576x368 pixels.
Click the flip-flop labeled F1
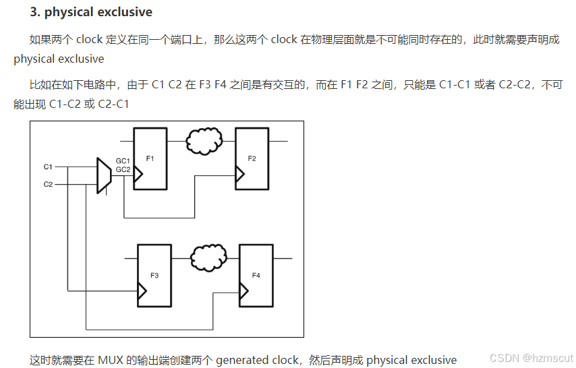click(x=150, y=158)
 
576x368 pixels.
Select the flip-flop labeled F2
click(x=252, y=158)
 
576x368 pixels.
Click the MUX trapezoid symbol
click(x=104, y=175)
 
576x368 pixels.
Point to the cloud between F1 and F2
click(x=204, y=142)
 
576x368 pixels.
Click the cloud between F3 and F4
click(x=208, y=257)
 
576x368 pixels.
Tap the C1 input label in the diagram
click(x=48, y=166)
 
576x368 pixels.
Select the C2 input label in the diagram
click(x=48, y=184)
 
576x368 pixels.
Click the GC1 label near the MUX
click(x=123, y=161)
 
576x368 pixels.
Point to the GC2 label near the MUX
click(x=123, y=169)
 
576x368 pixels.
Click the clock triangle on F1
click(x=138, y=175)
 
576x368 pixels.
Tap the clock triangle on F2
click(x=239, y=175)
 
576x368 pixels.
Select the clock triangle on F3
click(x=142, y=291)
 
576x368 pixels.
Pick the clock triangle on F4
click(x=243, y=291)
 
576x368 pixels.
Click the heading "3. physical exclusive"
click(x=91, y=12)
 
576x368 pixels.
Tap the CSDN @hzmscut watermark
click(x=531, y=358)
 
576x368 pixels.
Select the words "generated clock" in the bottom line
click(x=257, y=360)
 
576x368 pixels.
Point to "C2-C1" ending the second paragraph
click(x=113, y=104)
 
